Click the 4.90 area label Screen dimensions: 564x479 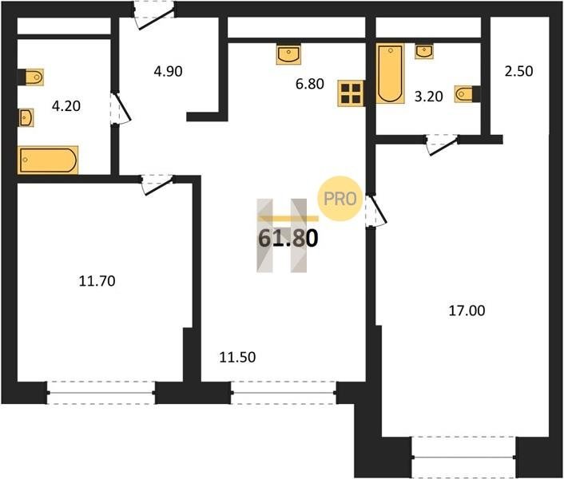point(168,72)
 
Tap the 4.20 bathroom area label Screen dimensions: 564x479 point(66,106)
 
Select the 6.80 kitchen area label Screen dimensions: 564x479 point(310,84)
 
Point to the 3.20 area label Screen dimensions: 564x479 point(428,97)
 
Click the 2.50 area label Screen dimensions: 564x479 point(518,71)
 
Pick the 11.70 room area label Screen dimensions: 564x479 point(97,281)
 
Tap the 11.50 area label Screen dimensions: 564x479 point(237,357)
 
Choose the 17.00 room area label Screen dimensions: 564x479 point(467,310)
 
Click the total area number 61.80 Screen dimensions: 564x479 point(288,238)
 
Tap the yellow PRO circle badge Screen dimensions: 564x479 point(340,199)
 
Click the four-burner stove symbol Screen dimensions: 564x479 point(351,93)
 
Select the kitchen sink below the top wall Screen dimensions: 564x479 point(289,54)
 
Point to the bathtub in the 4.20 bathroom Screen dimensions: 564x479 point(48,160)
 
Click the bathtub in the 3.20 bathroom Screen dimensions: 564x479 point(390,73)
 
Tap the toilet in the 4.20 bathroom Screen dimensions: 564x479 point(31,77)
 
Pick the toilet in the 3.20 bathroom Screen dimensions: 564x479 point(467,94)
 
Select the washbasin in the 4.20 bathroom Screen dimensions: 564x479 point(26,117)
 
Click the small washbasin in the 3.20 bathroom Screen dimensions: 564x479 point(424,51)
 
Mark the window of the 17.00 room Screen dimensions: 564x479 point(463,457)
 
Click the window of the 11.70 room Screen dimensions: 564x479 point(101,393)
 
